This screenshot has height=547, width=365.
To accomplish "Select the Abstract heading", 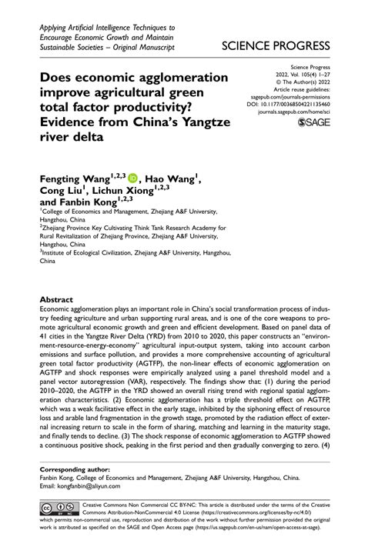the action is (x=59, y=297).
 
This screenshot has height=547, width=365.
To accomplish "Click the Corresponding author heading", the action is (x=78, y=468).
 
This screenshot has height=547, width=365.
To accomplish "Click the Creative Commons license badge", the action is (x=58, y=509).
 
